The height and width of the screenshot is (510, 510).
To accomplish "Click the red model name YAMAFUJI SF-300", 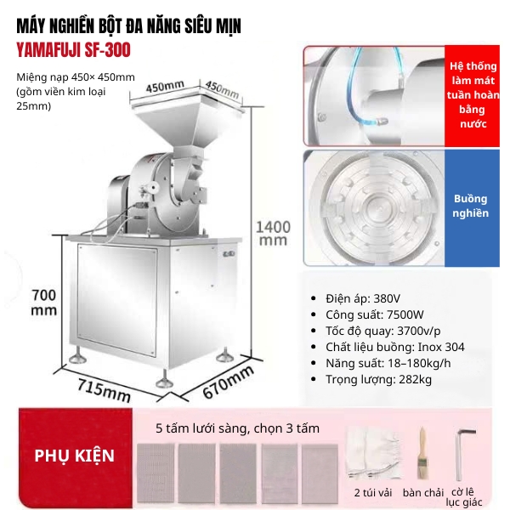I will coord(73,50).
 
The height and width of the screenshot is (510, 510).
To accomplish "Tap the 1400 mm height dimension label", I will coord(273,233).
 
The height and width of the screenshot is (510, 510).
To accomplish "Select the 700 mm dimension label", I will coord(43,302).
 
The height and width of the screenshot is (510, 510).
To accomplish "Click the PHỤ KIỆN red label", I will coord(75,456).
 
